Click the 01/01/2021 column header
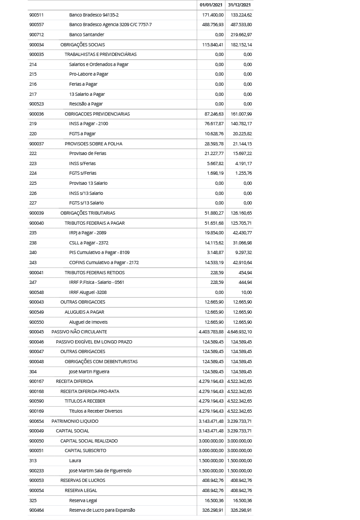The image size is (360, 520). pos(211,5)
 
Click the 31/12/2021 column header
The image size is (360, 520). pos(239,5)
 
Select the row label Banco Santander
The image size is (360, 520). pos(87,34)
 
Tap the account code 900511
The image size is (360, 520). pos(37,15)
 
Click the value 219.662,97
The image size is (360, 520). pos(241,34)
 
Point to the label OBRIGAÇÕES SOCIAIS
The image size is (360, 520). pos(83,44)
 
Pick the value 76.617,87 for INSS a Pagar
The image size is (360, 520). pos(214,123)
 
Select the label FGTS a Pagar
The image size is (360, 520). pos(83,133)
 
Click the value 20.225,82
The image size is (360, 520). pos(242,133)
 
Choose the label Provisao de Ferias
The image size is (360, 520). pos(88,153)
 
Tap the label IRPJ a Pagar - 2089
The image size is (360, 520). pos(88,232)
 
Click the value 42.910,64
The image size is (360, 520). pos(242,262)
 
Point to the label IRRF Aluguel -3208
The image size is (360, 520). pos(88,292)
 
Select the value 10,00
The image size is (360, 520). pos(246,292)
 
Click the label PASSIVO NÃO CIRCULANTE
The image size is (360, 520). pos(79,332)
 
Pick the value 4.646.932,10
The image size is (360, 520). pos(239,332)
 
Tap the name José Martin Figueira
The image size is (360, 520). pos(89,371)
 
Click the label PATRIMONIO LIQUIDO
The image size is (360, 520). pos(75,421)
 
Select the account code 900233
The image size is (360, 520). pos(37,470)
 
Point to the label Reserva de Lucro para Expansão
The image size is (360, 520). pos(102,510)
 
